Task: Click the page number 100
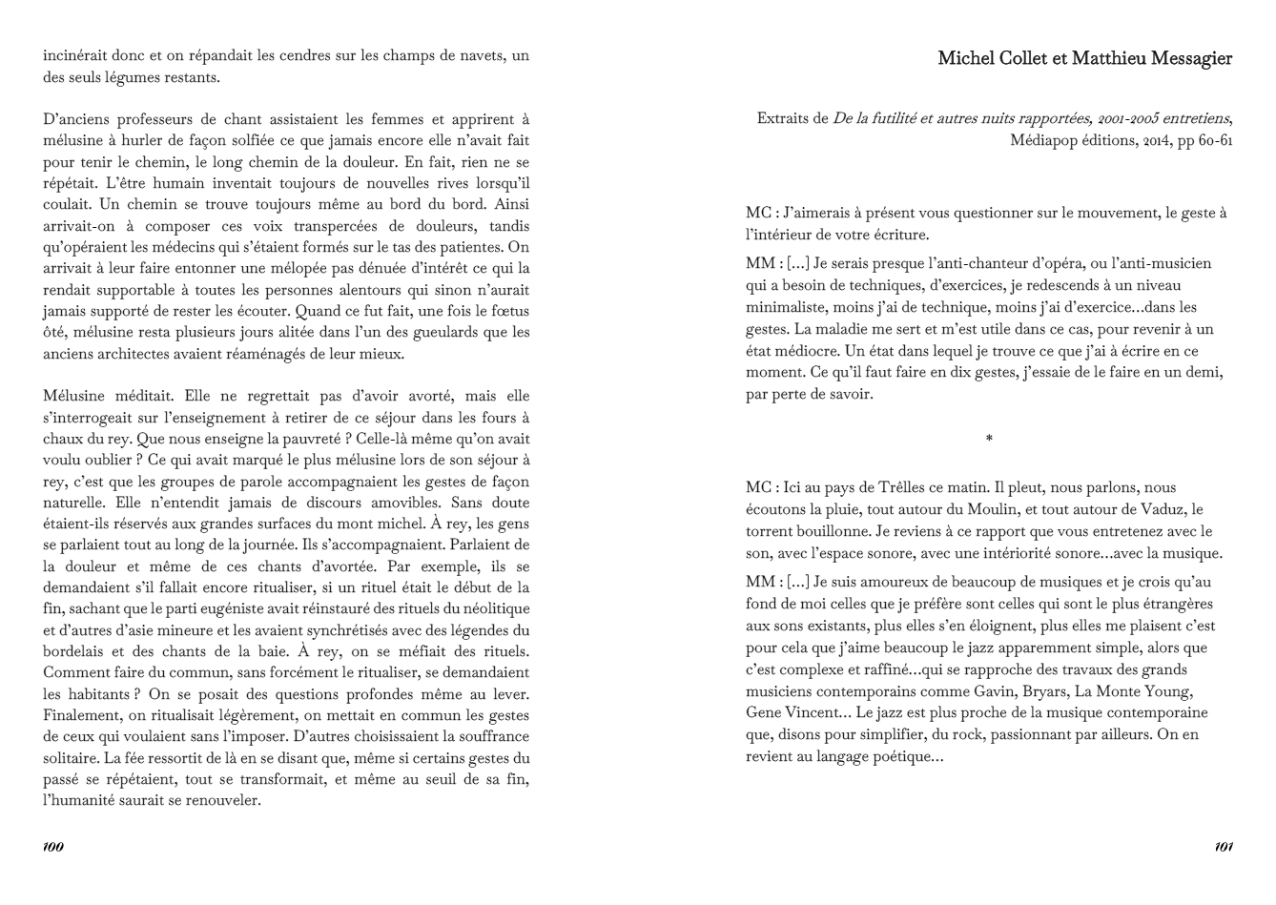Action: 53,847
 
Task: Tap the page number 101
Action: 1225,847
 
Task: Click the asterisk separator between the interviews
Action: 989,439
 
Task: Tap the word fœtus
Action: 506,311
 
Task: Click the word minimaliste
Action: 789,307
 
